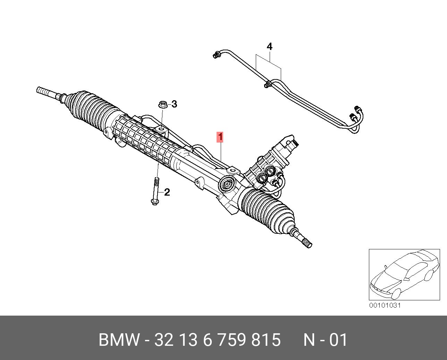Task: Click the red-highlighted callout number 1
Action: click(220, 137)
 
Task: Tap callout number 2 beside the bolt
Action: click(167, 192)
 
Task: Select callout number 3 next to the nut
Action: click(174, 104)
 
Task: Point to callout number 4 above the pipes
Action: click(269, 46)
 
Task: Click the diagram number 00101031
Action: click(385, 306)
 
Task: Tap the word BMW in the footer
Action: click(119, 340)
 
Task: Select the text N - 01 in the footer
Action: click(325, 340)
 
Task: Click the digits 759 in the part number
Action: click(232, 340)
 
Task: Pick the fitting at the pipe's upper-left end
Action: click(217, 54)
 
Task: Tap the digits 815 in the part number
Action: click(266, 340)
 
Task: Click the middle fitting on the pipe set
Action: click(268, 84)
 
